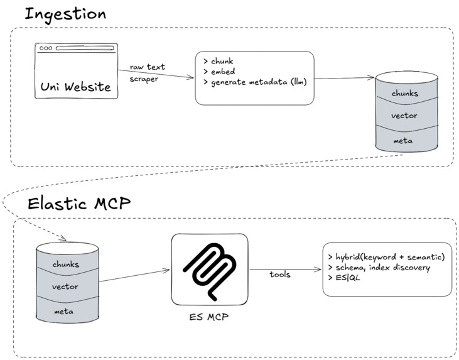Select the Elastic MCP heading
[79, 204]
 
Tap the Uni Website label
[76, 87]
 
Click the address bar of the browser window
[85, 48]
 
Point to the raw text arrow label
[148, 67]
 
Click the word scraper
[144, 79]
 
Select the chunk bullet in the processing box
[219, 61]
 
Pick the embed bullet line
[219, 72]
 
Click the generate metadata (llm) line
[255, 82]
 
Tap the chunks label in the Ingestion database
[405, 94]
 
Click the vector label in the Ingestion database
[404, 116]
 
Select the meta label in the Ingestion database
[403, 141]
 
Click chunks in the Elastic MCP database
[66, 265]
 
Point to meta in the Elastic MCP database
[64, 312]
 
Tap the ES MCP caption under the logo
[209, 317]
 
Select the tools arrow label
[280, 275]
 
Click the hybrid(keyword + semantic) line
[386, 257]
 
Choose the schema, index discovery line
[379, 268]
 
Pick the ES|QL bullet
[344, 278]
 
